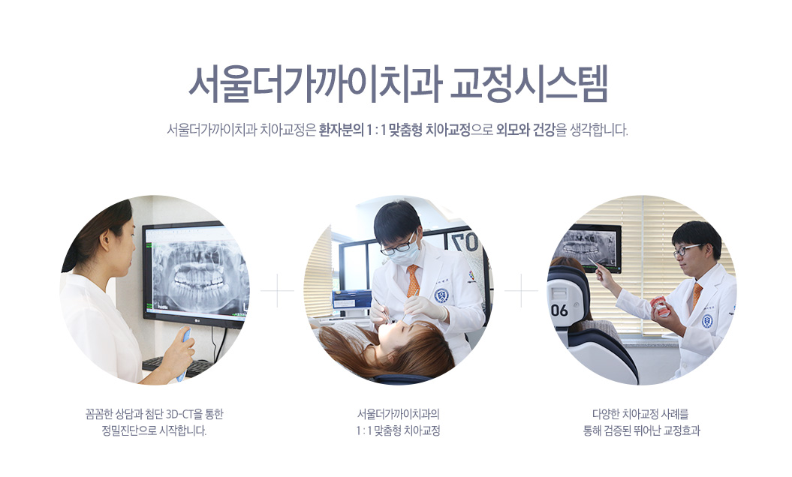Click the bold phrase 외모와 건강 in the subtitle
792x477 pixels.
525,130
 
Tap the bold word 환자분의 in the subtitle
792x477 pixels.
342,130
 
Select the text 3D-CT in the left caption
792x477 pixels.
179,415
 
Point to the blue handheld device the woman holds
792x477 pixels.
183,353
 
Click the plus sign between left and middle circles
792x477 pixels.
277,290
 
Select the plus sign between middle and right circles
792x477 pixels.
521,290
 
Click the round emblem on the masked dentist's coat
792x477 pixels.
441,295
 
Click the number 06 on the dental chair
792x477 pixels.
559,310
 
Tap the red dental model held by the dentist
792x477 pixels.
660,305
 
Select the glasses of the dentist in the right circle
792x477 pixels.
687,249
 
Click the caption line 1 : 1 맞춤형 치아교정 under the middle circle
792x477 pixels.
398,431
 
